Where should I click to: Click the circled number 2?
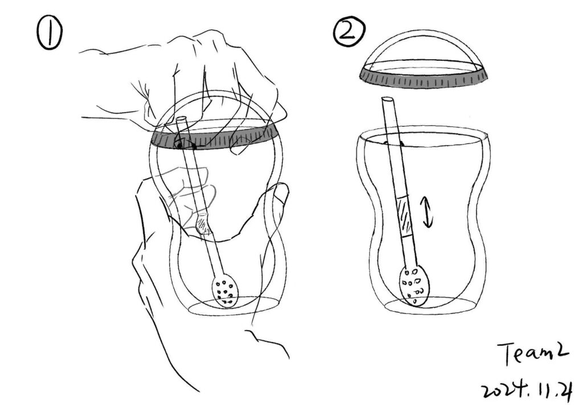coord(349,32)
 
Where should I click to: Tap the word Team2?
coord(533,353)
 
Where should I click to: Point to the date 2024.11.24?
coord(527,390)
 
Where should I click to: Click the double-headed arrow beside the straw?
coord(428,212)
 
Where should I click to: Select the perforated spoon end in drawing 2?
coord(414,284)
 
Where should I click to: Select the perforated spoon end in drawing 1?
coord(225,291)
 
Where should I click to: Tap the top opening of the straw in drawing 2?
coord(387,100)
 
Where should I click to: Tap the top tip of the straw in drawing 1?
coord(182,119)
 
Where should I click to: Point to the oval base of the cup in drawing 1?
coord(234,306)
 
